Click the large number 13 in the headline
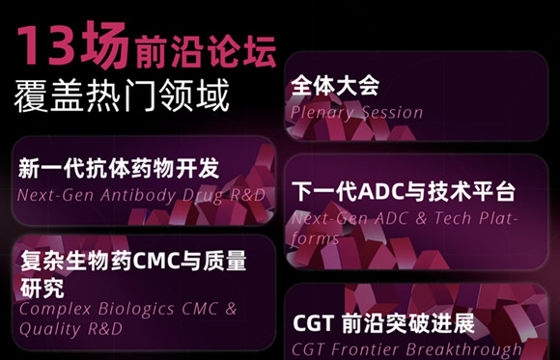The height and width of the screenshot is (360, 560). coord(46,45)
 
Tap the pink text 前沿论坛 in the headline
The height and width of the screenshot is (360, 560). coord(206,51)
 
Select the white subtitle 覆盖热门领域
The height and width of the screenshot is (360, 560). coord(122,95)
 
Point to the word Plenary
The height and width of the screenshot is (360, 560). coord(322,114)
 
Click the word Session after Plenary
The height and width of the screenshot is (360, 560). coord(393,113)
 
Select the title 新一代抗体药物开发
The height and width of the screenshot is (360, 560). coord(119,169)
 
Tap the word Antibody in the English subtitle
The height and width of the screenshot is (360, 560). coord(138,196)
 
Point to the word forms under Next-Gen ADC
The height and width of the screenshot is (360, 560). coord(315,238)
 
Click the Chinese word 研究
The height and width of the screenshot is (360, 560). coord(42,288)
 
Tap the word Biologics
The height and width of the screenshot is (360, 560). coord(137,310)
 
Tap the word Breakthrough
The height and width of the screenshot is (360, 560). coord(463,350)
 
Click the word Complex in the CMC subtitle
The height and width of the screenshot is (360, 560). coord(55,310)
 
